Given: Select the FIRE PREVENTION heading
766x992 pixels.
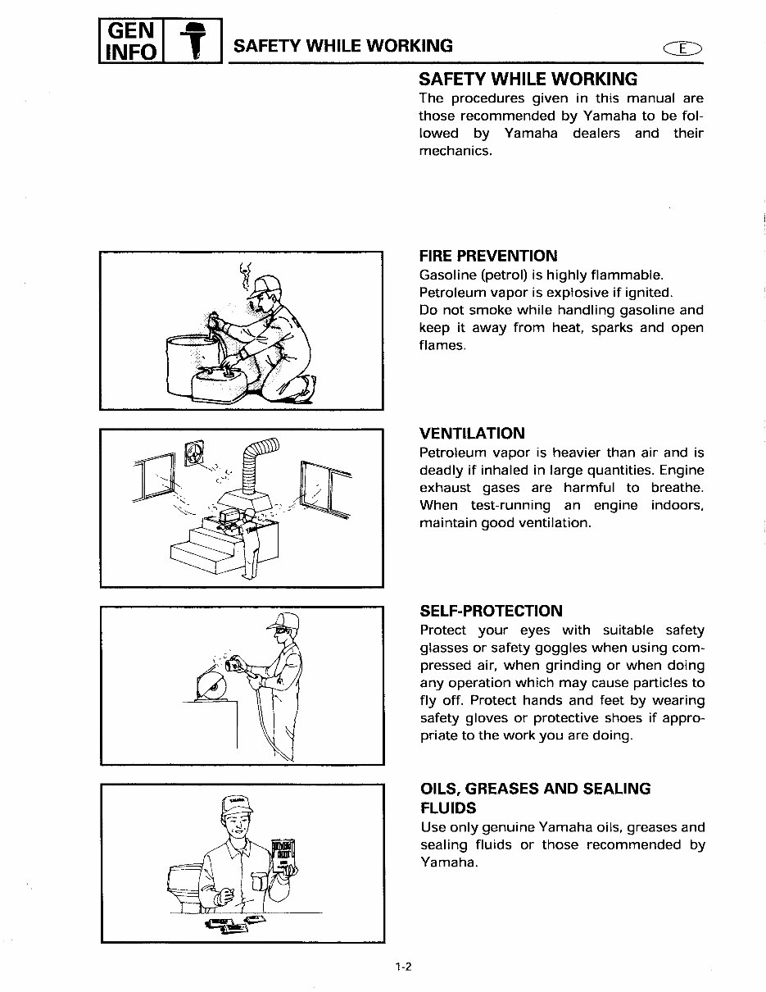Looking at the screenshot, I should point(487,255).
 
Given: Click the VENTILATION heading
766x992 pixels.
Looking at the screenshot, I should point(472,433).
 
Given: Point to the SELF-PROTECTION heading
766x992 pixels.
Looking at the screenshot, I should point(491,611).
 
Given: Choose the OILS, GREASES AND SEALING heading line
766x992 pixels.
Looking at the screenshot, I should point(535,789).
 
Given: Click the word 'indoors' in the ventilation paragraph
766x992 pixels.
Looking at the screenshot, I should point(676,505).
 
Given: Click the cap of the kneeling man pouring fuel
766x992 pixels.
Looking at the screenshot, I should point(266,287).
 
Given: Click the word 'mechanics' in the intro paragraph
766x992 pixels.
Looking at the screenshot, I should point(455,152).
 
